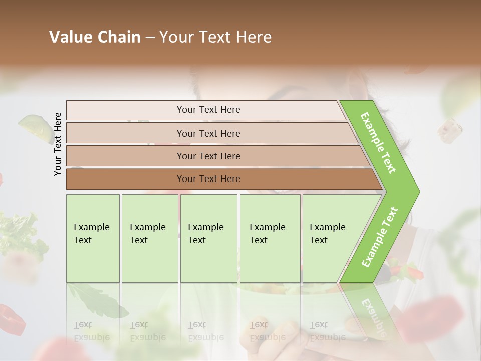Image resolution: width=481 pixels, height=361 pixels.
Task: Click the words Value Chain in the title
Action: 95,37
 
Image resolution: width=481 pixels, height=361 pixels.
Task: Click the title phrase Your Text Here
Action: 215,37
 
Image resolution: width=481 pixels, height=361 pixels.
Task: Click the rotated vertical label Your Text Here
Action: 58,144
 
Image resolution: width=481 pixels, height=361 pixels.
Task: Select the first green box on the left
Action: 93,238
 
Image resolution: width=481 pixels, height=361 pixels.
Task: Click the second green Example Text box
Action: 150,238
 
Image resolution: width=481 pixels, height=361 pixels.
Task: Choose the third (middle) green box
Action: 208,238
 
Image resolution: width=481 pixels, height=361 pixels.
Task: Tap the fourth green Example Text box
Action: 270,238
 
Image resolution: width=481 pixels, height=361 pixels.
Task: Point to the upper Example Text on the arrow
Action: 378,143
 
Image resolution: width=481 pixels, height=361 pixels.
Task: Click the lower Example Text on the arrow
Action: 379,237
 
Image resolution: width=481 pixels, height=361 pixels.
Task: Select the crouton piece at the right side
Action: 449,130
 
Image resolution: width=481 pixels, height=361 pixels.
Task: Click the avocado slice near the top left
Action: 35,125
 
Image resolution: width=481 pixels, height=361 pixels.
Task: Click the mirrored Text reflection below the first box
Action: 83,325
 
